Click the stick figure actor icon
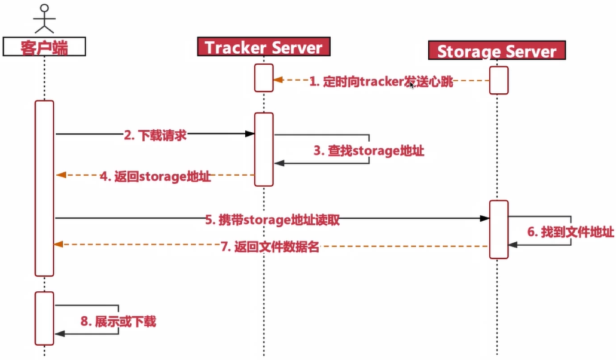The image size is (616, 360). (x=44, y=18)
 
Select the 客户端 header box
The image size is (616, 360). (x=44, y=47)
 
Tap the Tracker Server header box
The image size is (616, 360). (x=264, y=47)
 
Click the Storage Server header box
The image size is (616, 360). (x=497, y=51)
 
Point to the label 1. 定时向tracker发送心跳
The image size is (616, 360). (x=381, y=83)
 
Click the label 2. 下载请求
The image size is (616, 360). (x=155, y=135)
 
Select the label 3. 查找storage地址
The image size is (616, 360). (x=369, y=151)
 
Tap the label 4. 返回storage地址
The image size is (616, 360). (x=155, y=176)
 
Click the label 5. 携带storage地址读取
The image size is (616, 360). (x=273, y=219)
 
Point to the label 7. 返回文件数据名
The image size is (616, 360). (x=270, y=247)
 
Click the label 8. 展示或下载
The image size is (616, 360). (x=118, y=321)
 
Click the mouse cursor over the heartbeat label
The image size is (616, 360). (x=412, y=86)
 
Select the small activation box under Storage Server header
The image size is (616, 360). (x=499, y=80)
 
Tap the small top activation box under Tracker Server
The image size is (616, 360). (x=264, y=78)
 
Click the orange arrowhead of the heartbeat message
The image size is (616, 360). (x=277, y=80)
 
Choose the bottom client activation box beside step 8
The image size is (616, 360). (x=44, y=318)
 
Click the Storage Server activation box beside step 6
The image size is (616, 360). (x=499, y=230)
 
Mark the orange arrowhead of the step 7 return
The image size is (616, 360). (x=59, y=244)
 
